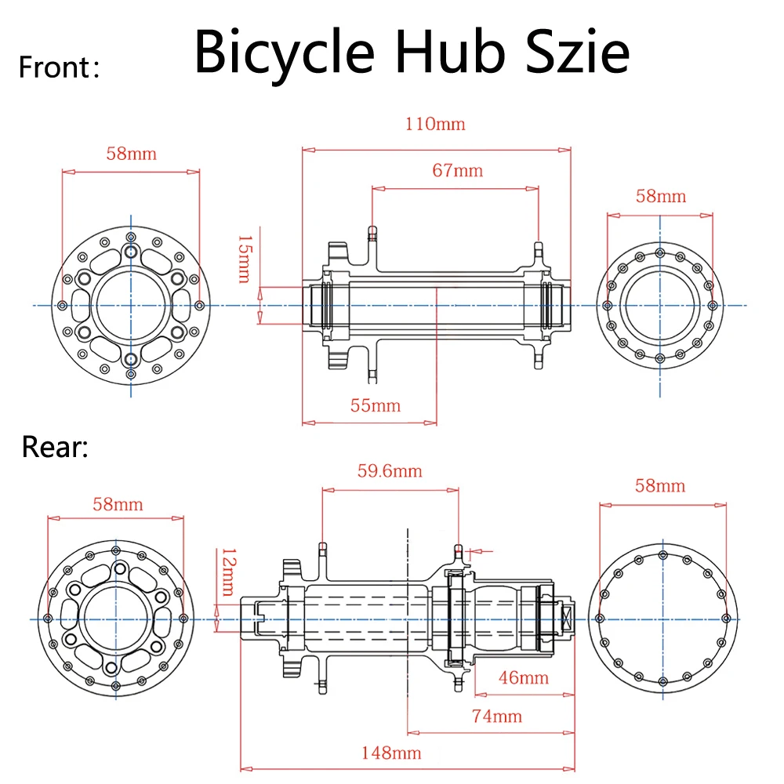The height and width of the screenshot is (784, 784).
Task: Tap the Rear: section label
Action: [x=55, y=447]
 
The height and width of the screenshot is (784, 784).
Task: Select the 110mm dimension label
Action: [x=435, y=124]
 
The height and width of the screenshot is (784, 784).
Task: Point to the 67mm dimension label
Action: [x=457, y=170]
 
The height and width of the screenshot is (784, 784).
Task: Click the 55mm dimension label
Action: [x=375, y=405]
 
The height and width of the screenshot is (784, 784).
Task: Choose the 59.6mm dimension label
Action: [x=390, y=470]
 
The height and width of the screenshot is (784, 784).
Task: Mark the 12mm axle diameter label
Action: [x=227, y=572]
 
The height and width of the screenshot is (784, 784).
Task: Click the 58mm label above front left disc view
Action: [x=131, y=153]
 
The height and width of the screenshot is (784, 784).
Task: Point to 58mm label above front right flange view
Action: [x=660, y=195]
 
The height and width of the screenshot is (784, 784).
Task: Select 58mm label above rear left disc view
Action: [x=118, y=503]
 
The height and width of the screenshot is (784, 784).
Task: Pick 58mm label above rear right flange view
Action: [x=660, y=486]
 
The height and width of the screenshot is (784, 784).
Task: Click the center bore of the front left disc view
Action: [x=131, y=305]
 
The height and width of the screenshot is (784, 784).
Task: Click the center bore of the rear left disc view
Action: [x=116, y=619]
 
